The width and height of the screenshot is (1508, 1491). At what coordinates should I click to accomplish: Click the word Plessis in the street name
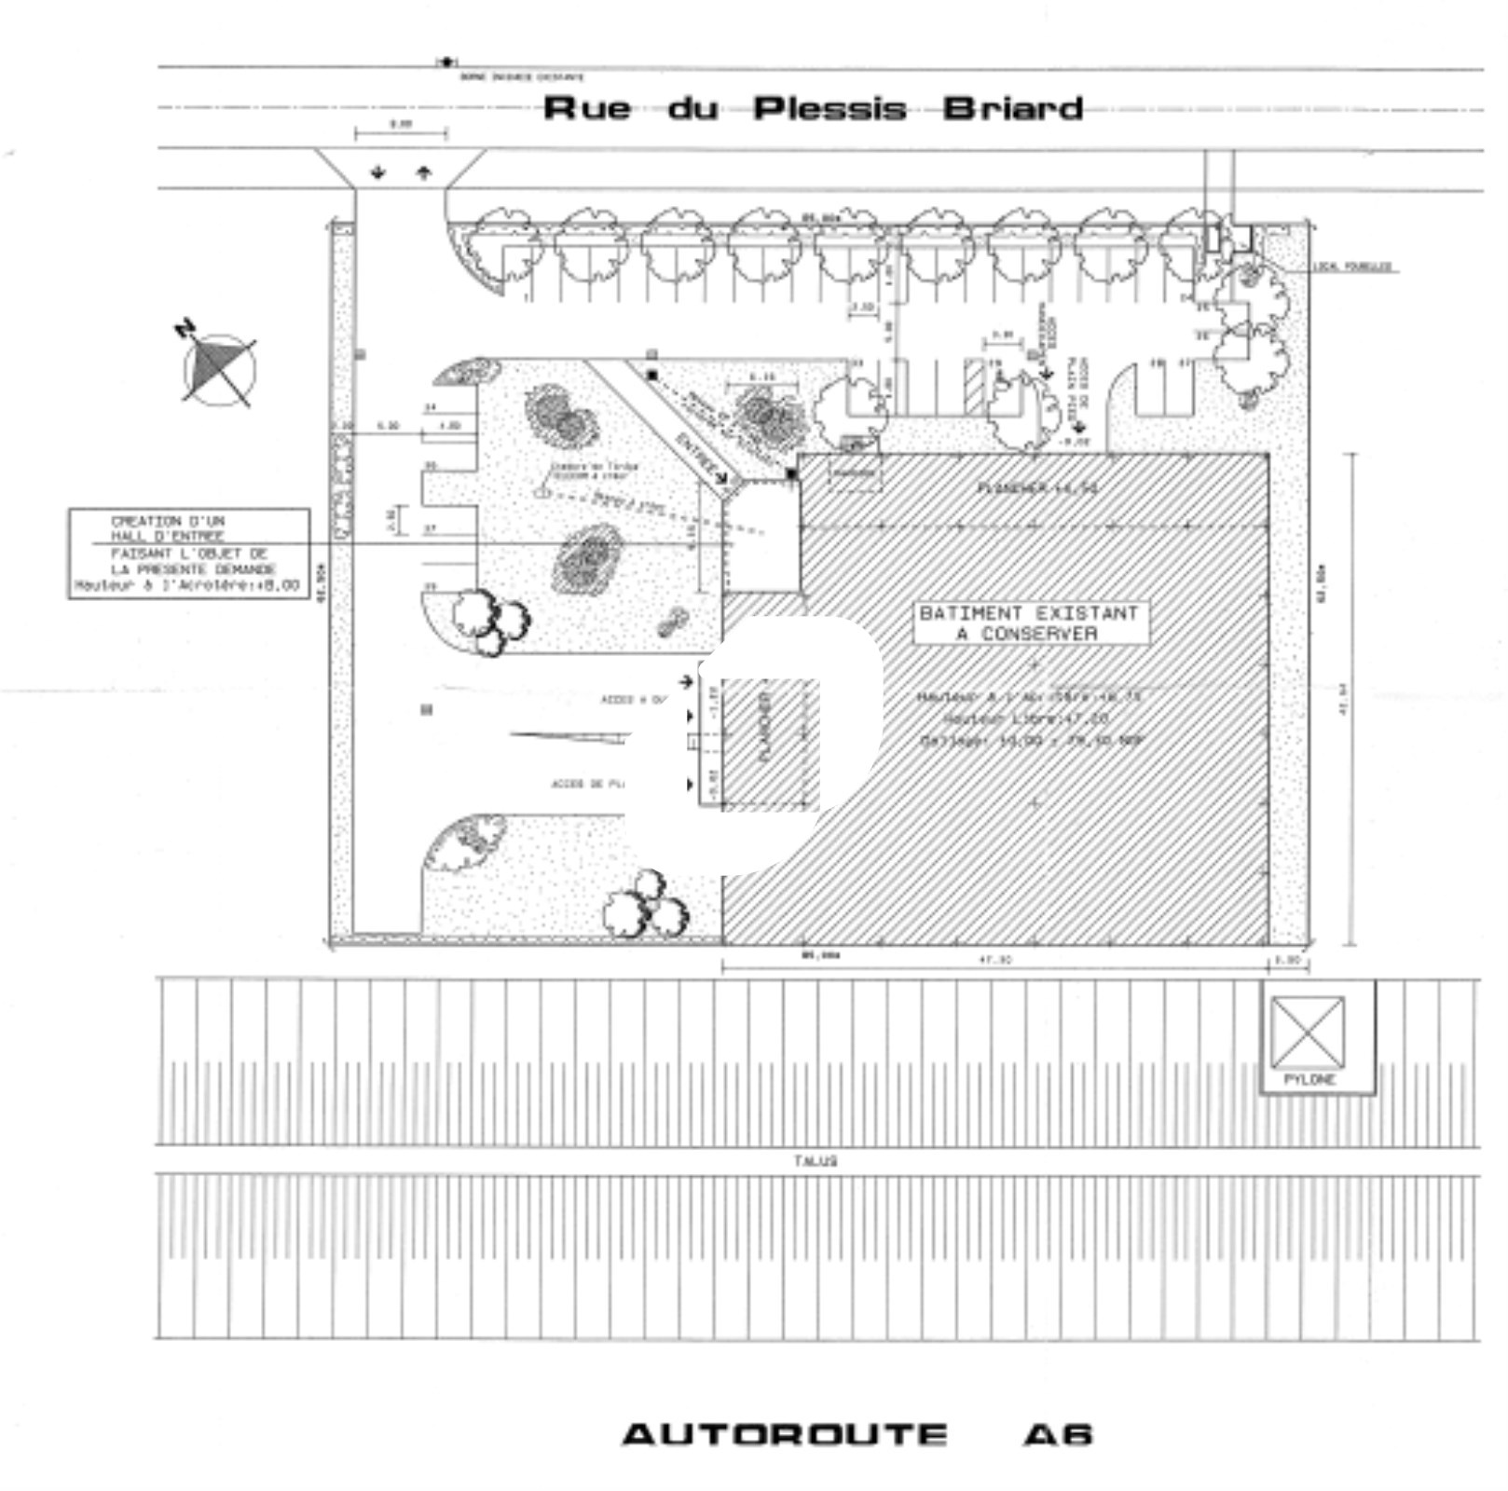[x=829, y=109]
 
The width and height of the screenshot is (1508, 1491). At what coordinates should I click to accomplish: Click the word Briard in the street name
[x=1012, y=109]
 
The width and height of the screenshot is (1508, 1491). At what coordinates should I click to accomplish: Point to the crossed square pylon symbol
[x=1308, y=1032]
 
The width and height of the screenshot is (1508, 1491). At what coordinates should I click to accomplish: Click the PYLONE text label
[x=1309, y=1080]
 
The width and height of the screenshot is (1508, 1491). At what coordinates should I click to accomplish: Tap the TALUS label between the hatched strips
[x=816, y=1161]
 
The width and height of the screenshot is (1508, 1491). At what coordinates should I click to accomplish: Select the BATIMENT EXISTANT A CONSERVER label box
[x=1029, y=622]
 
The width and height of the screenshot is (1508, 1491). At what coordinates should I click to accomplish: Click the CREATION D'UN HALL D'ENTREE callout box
[x=188, y=553]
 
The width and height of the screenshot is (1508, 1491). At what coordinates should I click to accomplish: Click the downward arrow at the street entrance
[x=378, y=172]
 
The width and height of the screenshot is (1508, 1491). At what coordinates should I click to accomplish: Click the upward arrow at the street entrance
[x=424, y=172]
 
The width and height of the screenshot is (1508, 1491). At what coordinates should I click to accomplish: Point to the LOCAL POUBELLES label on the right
[x=1352, y=267]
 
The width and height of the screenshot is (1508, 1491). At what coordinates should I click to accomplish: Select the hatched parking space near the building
[x=974, y=386]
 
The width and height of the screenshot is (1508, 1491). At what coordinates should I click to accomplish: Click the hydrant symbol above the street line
[x=447, y=62]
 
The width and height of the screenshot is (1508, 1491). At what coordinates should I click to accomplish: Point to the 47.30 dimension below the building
[x=994, y=959]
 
